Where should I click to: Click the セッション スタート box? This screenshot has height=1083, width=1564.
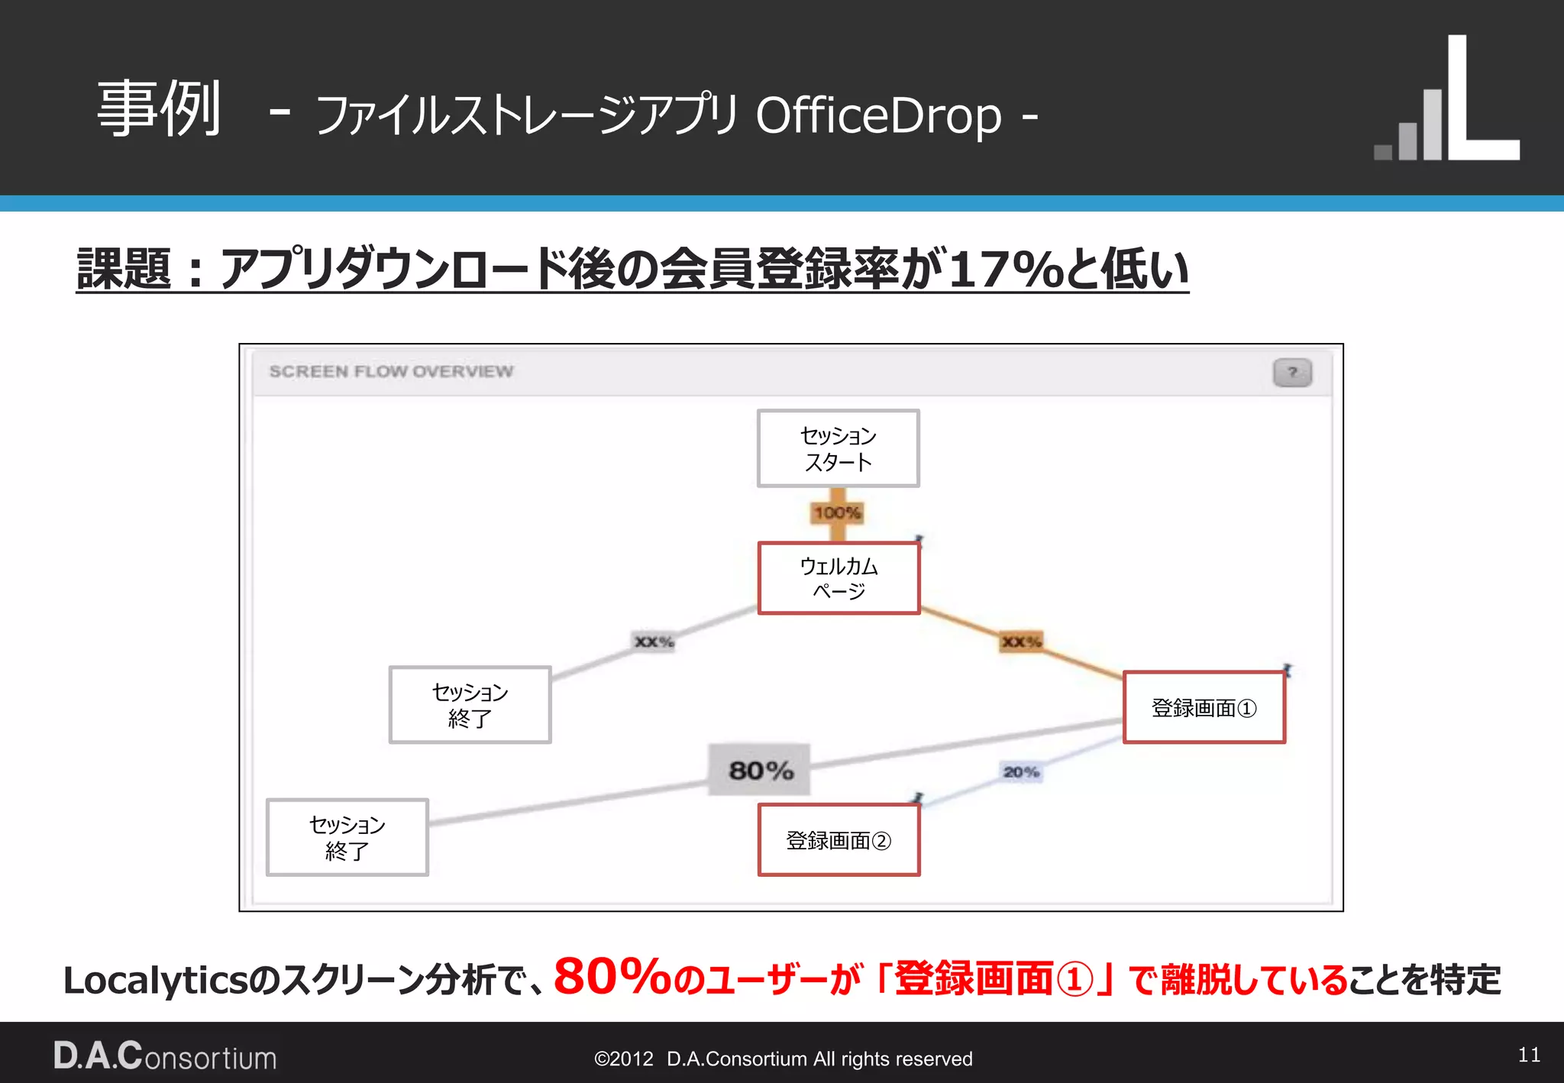(838, 448)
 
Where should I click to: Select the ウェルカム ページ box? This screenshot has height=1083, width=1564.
(839, 578)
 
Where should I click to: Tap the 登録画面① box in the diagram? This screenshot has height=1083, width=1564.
(1204, 707)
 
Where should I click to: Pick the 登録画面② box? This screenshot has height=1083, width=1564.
(839, 840)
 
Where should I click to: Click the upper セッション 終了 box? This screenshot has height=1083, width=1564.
(470, 704)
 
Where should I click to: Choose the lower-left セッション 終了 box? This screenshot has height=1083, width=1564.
(347, 837)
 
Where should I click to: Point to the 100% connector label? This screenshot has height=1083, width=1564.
(837, 512)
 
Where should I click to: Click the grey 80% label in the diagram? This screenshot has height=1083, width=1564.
(760, 770)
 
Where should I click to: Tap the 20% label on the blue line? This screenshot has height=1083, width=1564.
(1021, 772)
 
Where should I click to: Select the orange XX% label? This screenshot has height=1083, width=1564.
(1021, 642)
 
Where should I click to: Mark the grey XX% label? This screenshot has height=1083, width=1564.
(654, 642)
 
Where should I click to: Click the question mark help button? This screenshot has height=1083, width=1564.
(1292, 373)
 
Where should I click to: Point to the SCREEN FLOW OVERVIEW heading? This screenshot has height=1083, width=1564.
(391, 372)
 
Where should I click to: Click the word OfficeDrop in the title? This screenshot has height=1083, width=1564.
(878, 116)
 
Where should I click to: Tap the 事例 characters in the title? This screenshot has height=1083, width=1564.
(159, 108)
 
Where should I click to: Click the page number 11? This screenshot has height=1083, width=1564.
(1529, 1055)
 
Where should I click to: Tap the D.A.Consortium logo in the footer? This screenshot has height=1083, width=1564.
(165, 1056)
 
